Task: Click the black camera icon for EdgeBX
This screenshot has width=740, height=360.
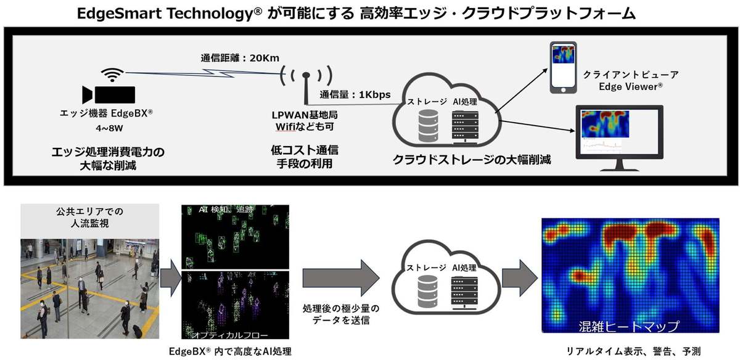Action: tap(109, 94)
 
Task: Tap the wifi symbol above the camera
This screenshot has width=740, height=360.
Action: tap(112, 75)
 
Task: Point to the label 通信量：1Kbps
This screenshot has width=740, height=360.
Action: tap(355, 95)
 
